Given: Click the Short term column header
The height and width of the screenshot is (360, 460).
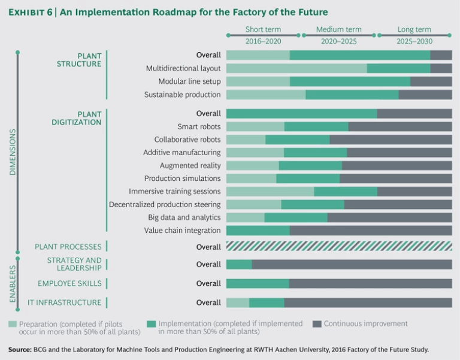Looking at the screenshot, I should pyautogui.click(x=263, y=29).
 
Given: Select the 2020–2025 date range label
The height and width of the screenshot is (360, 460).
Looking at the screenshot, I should pyautogui.click(x=338, y=41).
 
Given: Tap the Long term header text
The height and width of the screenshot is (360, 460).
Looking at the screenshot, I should pyautogui.click(x=414, y=29).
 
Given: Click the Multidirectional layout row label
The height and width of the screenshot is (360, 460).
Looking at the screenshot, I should pyautogui.click(x=183, y=68).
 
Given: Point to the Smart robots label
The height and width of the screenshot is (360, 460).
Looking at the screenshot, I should pyautogui.click(x=199, y=126).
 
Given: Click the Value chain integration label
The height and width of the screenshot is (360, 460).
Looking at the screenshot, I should pyautogui.click(x=182, y=231).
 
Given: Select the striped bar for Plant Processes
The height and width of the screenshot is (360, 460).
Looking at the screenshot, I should pyautogui.click(x=339, y=246).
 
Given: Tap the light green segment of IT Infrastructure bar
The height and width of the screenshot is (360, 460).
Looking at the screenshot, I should pyautogui.click(x=237, y=302).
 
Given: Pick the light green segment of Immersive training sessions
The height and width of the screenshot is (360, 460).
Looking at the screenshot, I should pyautogui.click(x=270, y=192).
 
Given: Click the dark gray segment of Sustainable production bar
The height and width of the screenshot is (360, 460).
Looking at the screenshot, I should pyautogui.click(x=425, y=95).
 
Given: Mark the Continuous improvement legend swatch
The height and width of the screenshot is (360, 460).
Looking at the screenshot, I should pyautogui.click(x=317, y=324).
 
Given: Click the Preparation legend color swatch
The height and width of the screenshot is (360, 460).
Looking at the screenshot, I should pyautogui.click(x=13, y=324).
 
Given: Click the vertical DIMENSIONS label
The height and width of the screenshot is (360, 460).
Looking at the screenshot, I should pyautogui.click(x=13, y=152).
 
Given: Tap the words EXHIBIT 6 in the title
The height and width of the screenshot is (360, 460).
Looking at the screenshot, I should pyautogui.click(x=34, y=12).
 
